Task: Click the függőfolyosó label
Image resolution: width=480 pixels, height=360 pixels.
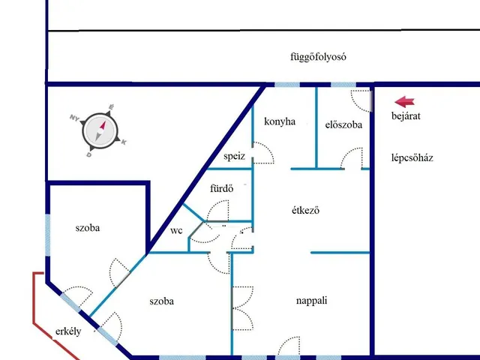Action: click(318, 57)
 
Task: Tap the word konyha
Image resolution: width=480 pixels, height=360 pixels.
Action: click(280, 121)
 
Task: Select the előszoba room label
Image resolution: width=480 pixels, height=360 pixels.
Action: click(343, 124)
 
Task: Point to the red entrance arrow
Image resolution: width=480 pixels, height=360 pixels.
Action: click(404, 102)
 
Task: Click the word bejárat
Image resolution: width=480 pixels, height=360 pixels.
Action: click(406, 116)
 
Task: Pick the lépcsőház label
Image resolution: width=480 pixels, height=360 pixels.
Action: click(412, 158)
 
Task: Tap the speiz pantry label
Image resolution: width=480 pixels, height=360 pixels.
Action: click(234, 157)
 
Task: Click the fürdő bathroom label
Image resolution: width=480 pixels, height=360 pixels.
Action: click(222, 188)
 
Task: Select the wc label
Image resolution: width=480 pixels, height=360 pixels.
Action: click(176, 230)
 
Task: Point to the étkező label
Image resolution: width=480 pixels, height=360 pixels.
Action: click(306, 210)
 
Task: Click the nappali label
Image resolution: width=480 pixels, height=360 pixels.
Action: click(312, 301)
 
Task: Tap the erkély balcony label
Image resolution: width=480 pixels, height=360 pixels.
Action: click(68, 331)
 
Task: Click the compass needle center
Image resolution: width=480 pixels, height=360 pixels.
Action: click(100, 131)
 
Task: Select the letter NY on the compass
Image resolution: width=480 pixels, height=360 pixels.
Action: click(74, 118)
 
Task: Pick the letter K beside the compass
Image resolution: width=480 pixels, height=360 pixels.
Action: click(124, 142)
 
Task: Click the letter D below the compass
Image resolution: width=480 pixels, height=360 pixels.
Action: click(89, 155)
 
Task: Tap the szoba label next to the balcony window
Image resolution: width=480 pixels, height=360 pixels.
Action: click(88, 228)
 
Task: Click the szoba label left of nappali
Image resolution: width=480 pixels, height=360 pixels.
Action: click(162, 301)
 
